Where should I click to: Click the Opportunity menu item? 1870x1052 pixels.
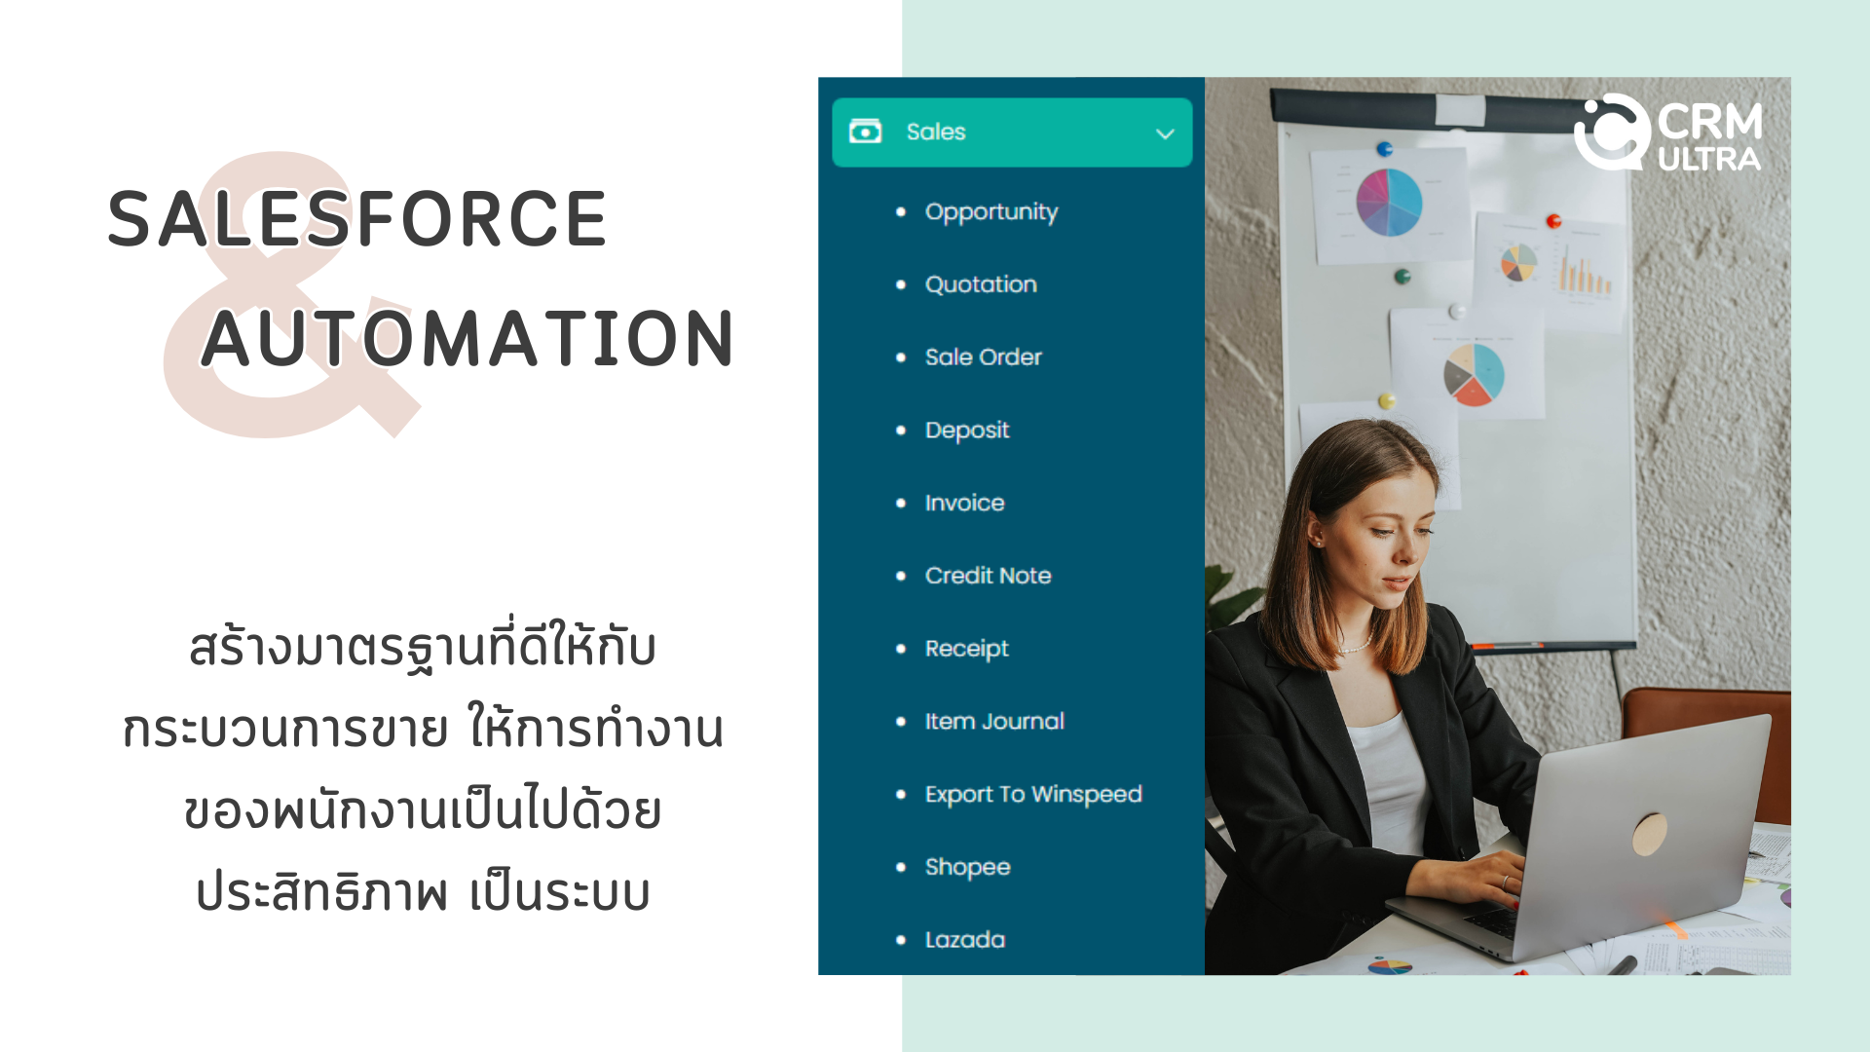(991, 212)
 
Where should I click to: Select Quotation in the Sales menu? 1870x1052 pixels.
(981, 284)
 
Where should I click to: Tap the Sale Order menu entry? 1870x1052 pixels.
(983, 357)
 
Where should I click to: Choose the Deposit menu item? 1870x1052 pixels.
(966, 431)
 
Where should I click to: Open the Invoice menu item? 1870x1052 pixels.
(964, 503)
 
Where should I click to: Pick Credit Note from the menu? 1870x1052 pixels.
(988, 576)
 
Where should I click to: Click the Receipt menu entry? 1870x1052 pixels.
(966, 650)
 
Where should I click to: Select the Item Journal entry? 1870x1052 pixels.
(993, 722)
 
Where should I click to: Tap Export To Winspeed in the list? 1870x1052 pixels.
(1032, 795)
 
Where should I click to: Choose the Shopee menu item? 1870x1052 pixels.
(967, 868)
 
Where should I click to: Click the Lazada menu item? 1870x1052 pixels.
(964, 940)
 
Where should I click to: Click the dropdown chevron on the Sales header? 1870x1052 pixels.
(1165, 133)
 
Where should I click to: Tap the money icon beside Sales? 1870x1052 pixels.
(865, 131)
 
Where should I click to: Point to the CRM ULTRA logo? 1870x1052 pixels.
(1667, 133)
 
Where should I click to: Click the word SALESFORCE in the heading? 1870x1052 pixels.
(357, 219)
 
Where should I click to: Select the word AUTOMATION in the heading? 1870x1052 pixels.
(467, 339)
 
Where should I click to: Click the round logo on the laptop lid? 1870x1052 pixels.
(1649, 834)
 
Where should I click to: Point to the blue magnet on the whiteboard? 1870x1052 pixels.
(1384, 149)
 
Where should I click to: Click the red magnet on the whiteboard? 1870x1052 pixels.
(1554, 221)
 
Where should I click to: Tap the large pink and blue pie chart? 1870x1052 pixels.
(1390, 203)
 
